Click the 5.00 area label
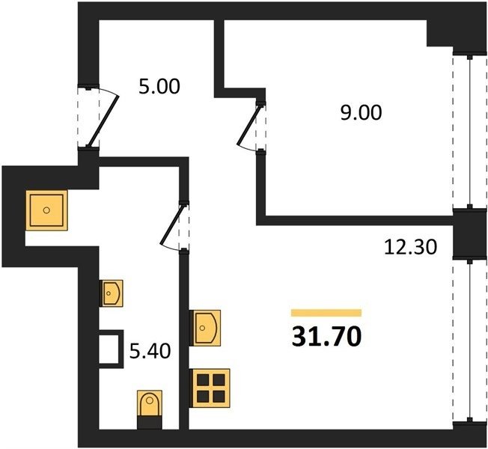coord(159,87)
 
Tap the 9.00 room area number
coord(361,113)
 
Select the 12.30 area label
coord(411,248)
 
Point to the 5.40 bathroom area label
coord(150,352)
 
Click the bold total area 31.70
coord(327,337)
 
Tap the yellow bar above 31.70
coord(326,313)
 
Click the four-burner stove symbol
coord(210,388)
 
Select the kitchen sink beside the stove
coord(205,328)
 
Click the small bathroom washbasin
coord(111,293)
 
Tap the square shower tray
coord(46,210)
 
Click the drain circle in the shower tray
coord(46,210)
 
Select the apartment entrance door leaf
coord(103,121)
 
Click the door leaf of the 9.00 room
coord(248,125)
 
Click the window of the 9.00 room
coord(470,131)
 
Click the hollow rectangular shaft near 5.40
coord(111,349)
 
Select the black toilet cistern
coord(150,423)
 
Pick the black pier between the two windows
coord(469,233)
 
